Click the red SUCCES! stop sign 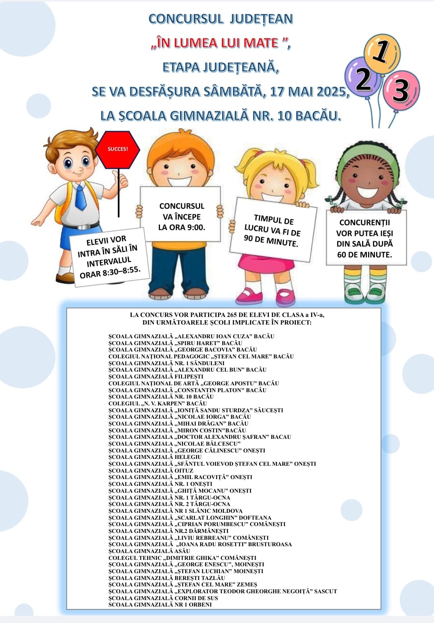pos(117,149)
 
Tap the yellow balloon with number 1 pos(382,53)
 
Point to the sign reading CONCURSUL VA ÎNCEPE pos(181,216)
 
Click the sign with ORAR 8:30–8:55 pos(109,257)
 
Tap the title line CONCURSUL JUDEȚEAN pos(221,19)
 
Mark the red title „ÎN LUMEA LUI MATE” pos(221,43)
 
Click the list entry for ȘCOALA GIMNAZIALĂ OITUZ pos(151,471)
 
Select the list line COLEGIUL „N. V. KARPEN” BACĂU pos(158,403)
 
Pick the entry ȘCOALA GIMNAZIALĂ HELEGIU pos(155,457)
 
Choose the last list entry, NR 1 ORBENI pos(160,604)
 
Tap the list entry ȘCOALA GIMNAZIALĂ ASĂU pos(149,551)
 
